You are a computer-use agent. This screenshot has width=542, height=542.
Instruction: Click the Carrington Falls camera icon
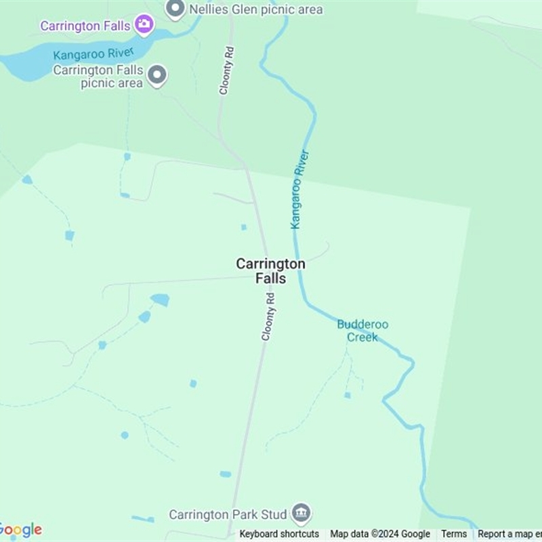pyautogui.click(x=144, y=25)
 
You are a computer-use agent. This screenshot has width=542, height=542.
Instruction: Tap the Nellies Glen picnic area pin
pyautogui.click(x=175, y=9)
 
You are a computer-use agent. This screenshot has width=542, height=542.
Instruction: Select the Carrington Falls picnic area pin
pyautogui.click(x=157, y=75)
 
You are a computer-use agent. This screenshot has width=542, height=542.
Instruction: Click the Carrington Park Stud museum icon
pyautogui.click(x=301, y=514)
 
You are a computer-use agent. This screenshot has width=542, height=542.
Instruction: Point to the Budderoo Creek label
pyautogui.click(x=362, y=330)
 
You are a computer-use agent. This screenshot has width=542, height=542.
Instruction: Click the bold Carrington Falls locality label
pyautogui.click(x=270, y=270)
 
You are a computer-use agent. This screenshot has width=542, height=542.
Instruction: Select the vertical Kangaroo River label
pyautogui.click(x=300, y=189)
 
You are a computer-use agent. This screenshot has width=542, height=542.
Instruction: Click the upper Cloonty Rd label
pyautogui.click(x=226, y=71)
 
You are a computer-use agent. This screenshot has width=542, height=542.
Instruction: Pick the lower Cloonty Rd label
pyautogui.click(x=268, y=316)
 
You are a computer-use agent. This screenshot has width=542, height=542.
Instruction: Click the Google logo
pyautogui.click(x=20, y=530)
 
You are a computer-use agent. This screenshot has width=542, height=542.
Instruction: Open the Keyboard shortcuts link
pyautogui.click(x=279, y=534)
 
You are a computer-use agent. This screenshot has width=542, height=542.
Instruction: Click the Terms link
pyautogui.click(x=454, y=534)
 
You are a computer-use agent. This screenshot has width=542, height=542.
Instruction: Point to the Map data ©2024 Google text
pyautogui.click(x=380, y=534)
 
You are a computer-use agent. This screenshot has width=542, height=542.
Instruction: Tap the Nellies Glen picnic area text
pyautogui.click(x=256, y=9)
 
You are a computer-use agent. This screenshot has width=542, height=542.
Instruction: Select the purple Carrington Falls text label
pyautogui.click(x=86, y=26)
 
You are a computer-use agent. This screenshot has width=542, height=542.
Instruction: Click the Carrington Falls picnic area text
pyautogui.click(x=98, y=76)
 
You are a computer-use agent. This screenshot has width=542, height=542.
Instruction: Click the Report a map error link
pyautogui.click(x=509, y=534)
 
